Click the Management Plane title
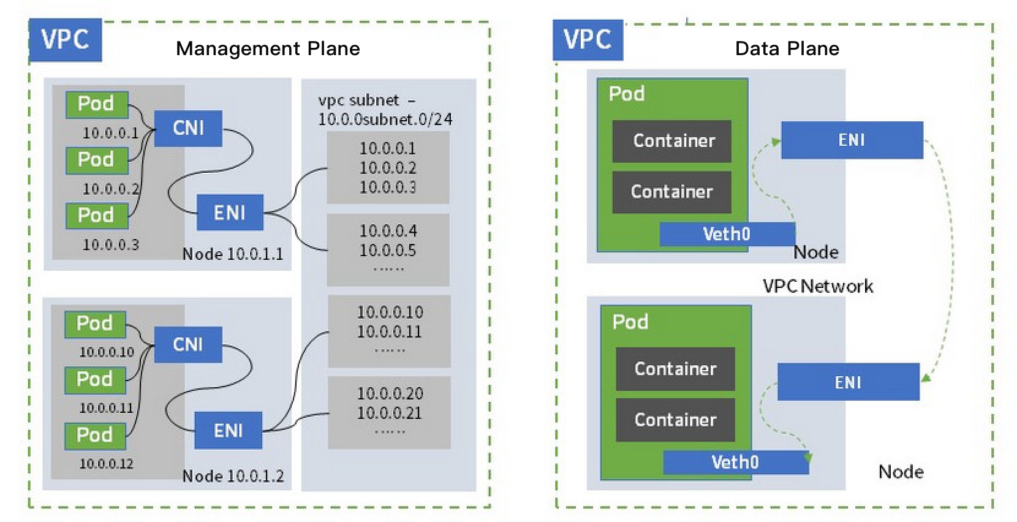pyautogui.click(x=268, y=48)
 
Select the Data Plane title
pyautogui.click(x=787, y=48)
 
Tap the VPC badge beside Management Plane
pyautogui.click(x=65, y=40)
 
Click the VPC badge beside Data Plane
pyautogui.click(x=588, y=40)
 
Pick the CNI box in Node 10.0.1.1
pyautogui.click(x=188, y=128)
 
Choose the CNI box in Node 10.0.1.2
pyautogui.click(x=188, y=344)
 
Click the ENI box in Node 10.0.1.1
pyautogui.click(x=230, y=213)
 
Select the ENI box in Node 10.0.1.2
pyautogui.click(x=229, y=431)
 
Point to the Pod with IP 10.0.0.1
pyautogui.click(x=96, y=104)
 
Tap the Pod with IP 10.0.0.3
pyautogui.click(x=96, y=216)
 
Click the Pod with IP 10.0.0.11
pyautogui.click(x=95, y=380)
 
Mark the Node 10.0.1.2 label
pyautogui.click(x=233, y=476)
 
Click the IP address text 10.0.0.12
pyautogui.click(x=106, y=464)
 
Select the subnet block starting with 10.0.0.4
pyautogui.click(x=388, y=249)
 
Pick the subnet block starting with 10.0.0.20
pyautogui.click(x=390, y=412)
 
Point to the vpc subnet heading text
pyautogui.click(x=385, y=109)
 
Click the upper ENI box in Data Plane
pyautogui.click(x=852, y=140)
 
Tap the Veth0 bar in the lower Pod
pyautogui.click(x=735, y=462)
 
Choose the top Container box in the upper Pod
pyautogui.click(x=672, y=141)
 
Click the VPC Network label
pyautogui.click(x=817, y=286)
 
